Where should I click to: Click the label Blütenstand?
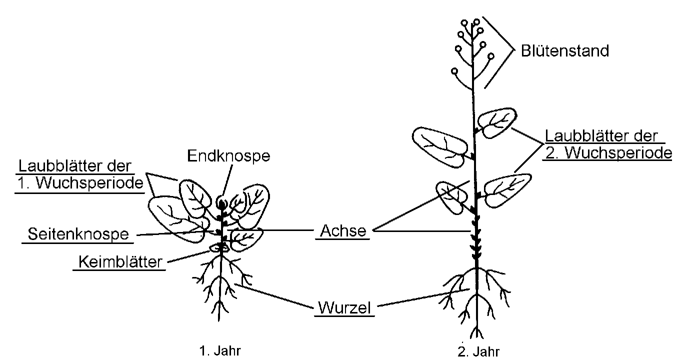pyautogui.click(x=565, y=50)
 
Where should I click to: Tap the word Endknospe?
pyautogui.click(x=228, y=155)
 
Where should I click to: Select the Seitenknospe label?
pyautogui.click(x=78, y=233)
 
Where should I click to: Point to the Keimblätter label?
pyautogui.click(x=120, y=261)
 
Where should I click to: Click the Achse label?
pyautogui.click(x=342, y=231)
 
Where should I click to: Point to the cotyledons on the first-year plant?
pyautogui.click(x=219, y=247)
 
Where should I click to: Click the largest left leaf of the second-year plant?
pyautogui.click(x=439, y=145)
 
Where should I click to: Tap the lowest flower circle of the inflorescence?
pyautogui.click(x=454, y=71)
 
